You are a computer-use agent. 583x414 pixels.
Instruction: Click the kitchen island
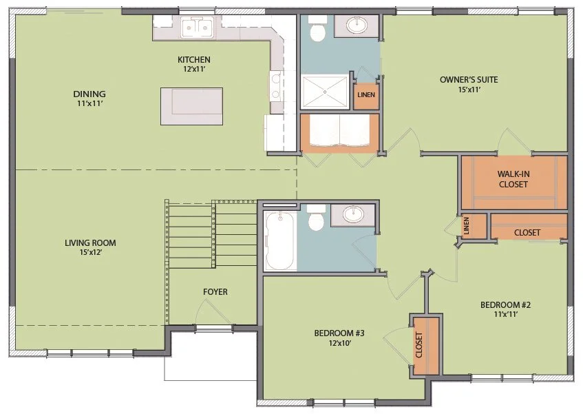(x=191, y=106)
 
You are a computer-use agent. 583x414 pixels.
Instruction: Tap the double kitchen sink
(x=197, y=28)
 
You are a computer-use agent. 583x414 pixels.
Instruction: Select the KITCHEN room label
(x=193, y=64)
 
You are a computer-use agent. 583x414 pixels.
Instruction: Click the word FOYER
(x=215, y=292)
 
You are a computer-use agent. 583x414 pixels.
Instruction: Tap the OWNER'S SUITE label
(x=468, y=84)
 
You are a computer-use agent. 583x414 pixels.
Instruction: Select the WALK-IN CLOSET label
(x=513, y=179)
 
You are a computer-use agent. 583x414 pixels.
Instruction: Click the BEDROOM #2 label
(x=505, y=308)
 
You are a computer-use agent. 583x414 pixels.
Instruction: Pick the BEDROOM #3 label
(x=339, y=338)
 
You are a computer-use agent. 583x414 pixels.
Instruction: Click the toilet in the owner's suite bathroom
(x=318, y=32)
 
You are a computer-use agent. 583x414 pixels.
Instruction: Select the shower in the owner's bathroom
(x=325, y=92)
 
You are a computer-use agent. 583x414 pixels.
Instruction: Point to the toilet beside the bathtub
(x=317, y=220)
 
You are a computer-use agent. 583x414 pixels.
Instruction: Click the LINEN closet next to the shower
(x=366, y=96)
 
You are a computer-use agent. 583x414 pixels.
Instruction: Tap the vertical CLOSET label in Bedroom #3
(x=418, y=345)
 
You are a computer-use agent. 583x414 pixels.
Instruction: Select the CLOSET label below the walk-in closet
(x=527, y=233)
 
